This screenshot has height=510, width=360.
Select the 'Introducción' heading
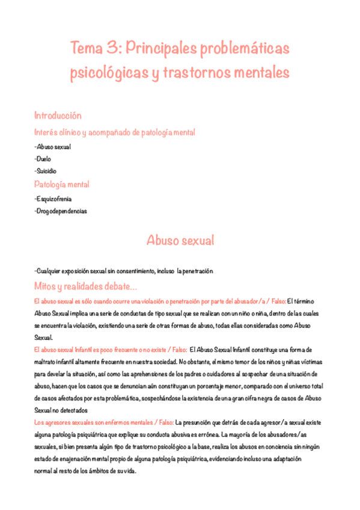pos(58,115)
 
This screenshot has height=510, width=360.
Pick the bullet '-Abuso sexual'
pos(53,147)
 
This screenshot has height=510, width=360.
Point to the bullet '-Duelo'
pos(43,159)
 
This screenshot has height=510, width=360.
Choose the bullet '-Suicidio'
pos(46,171)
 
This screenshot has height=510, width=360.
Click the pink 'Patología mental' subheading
pos(62,184)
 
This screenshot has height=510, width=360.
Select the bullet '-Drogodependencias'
pos(61,211)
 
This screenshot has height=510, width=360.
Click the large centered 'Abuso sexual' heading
pos(180,241)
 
